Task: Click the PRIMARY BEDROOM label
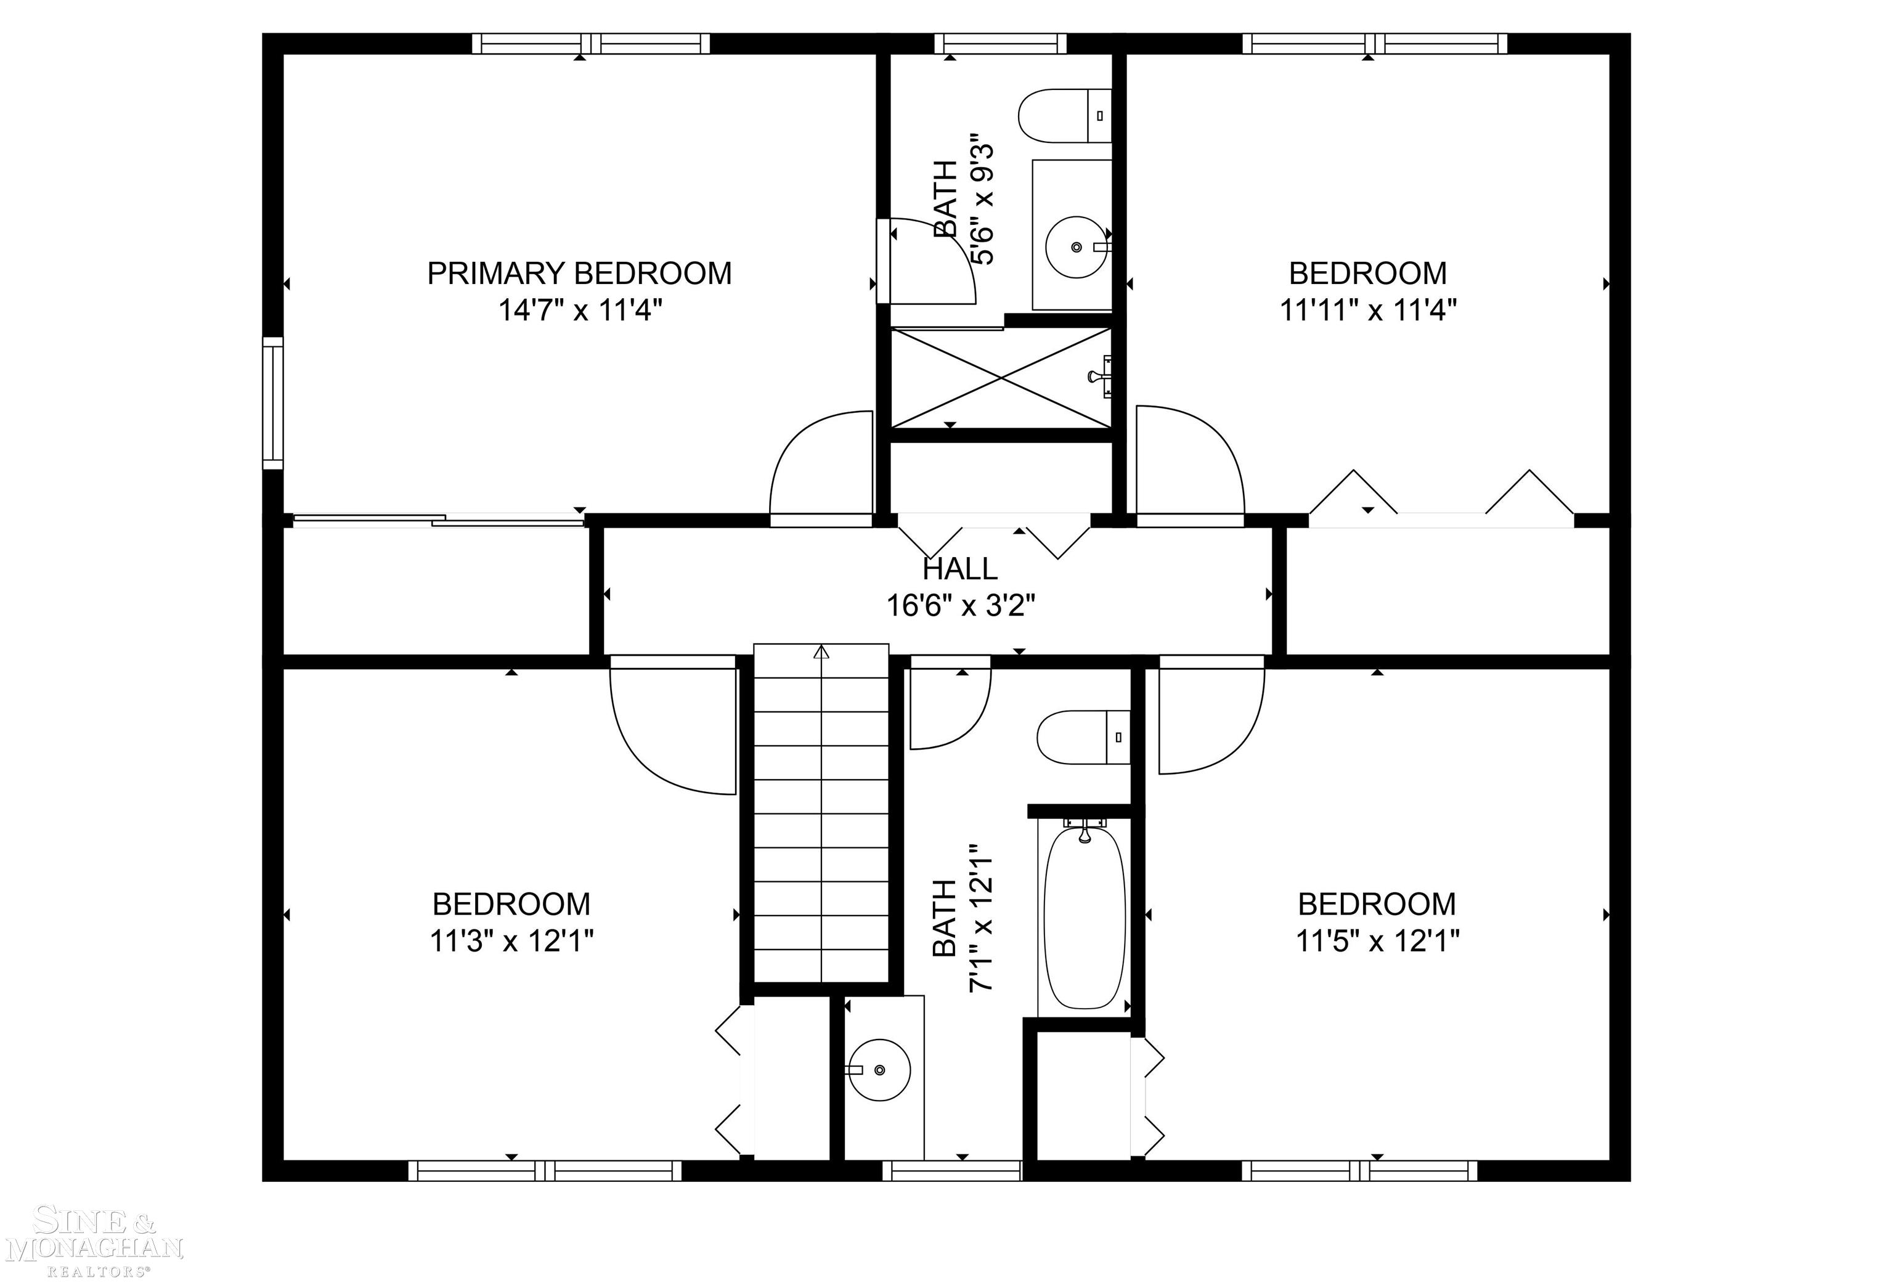tap(579, 274)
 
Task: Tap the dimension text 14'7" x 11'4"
tap(579, 311)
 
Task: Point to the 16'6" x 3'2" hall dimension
tap(960, 606)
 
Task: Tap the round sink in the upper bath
tap(1076, 246)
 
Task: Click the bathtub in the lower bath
tap(1084, 918)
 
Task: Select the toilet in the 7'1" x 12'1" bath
tap(1081, 737)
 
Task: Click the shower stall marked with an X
tap(1001, 378)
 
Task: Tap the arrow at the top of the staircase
tap(821, 653)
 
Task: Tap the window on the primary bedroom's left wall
tap(272, 403)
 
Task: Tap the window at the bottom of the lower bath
tap(951, 1171)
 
